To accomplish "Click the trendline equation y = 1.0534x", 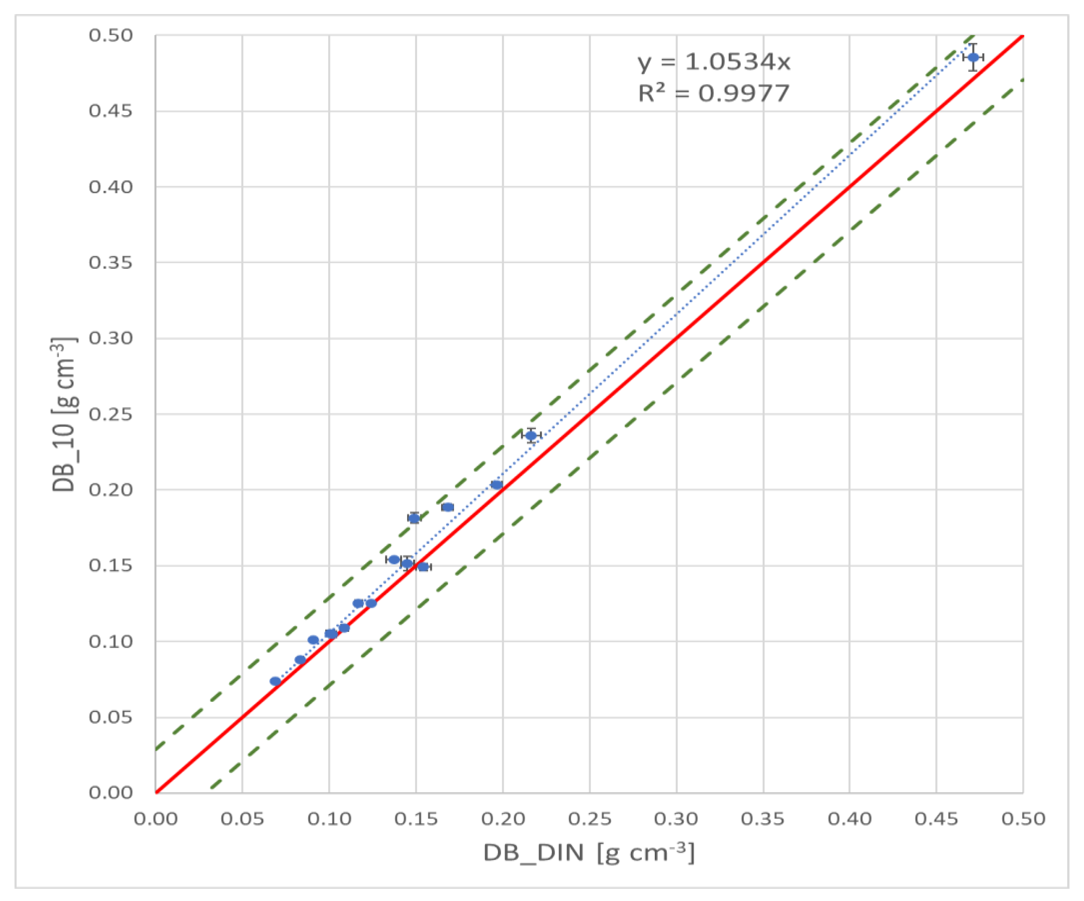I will coord(714,62).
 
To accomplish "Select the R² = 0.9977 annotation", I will coord(714,93).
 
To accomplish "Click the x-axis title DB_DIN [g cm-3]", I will coord(588,853).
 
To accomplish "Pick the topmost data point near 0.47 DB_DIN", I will coord(973,57).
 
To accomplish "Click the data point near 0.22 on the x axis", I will coord(531,435).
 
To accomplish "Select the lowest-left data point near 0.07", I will coord(275,681).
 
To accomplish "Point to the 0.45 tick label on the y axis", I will coord(111,111).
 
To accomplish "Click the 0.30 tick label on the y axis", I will coord(111,338).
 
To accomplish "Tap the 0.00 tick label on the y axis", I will coord(111,793).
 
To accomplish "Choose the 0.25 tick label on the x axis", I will coord(590,819).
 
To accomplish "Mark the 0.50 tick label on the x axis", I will coord(1023,819).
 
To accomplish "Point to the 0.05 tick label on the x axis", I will coord(242,819).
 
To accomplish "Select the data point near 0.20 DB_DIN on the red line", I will coord(496,485).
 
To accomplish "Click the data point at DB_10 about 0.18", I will coord(414,518).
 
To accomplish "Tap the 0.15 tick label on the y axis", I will coord(111,566).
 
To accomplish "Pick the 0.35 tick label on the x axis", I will coord(763,819).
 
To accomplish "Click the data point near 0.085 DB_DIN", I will coord(300,660).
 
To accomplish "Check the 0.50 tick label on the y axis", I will coord(111,35).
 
